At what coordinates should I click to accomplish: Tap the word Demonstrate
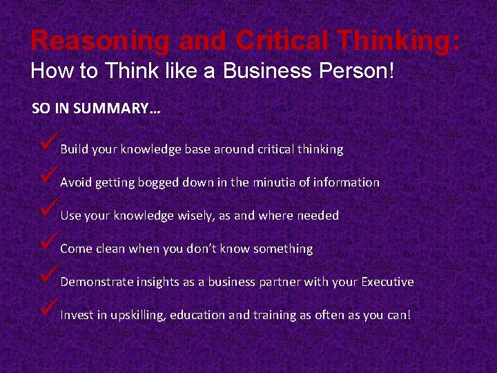click(96, 282)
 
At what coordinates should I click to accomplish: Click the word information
click(347, 182)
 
